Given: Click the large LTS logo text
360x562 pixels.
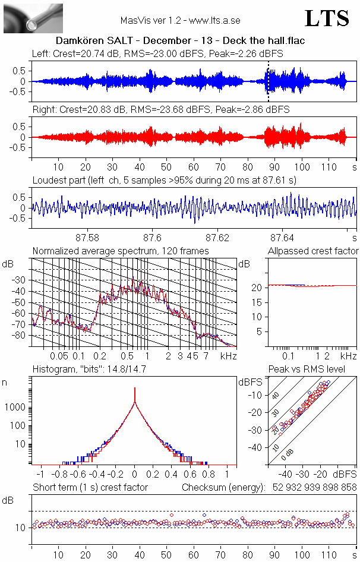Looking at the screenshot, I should tap(327, 18).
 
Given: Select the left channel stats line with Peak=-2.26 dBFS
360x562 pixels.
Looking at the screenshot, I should tap(157, 53).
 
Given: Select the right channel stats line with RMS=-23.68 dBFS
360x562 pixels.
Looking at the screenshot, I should tap(161, 110).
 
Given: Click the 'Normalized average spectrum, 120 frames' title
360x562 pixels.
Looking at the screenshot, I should tap(121, 251).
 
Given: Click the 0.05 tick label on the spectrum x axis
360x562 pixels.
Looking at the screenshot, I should tap(59, 356).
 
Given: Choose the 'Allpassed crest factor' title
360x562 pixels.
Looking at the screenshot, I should tap(313, 251).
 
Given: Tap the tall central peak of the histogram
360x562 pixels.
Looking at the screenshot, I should tap(135, 395).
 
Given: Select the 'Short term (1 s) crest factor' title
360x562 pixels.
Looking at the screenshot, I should tap(90, 488).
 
